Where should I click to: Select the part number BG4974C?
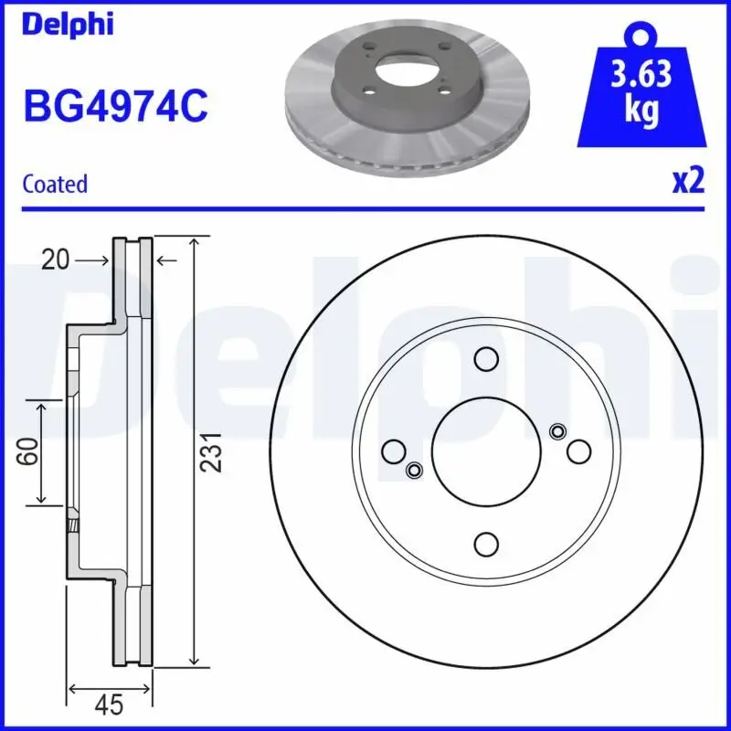pos(114,105)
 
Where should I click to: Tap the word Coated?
pos(55,184)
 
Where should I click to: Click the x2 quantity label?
pos(688,181)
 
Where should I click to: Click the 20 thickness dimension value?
pos(56,261)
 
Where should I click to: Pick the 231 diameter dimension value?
pos(212,452)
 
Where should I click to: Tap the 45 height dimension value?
pos(109,705)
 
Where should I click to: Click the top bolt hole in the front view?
pos(486,358)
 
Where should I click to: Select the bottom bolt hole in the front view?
pos(486,545)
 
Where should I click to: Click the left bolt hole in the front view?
pos(393,451)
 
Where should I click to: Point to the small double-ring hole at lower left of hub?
pos(414,471)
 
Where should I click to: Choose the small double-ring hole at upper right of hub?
pos(558,431)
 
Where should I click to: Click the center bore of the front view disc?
pos(486,451)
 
